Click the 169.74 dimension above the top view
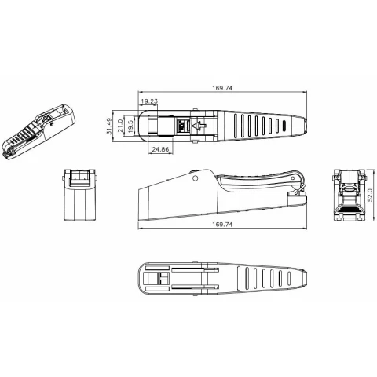coord(222,88)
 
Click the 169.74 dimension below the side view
coord(222,225)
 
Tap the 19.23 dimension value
coord(149,101)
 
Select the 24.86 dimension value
coord(160,149)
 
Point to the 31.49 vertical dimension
coord(109,126)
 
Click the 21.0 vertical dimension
coord(120,126)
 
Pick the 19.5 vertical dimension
coord(131,125)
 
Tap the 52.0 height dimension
coord(370,196)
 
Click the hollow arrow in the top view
coord(199,126)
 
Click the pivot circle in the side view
coord(195,178)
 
